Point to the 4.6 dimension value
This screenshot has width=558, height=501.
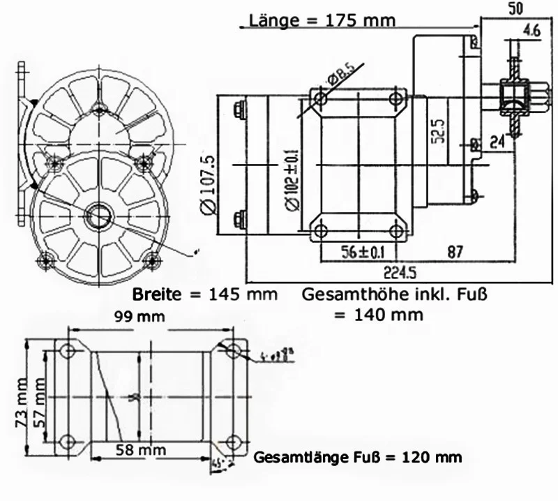click(x=531, y=30)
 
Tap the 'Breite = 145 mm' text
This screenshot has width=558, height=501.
click(x=204, y=294)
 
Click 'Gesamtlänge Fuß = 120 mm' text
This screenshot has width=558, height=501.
click(x=358, y=458)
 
